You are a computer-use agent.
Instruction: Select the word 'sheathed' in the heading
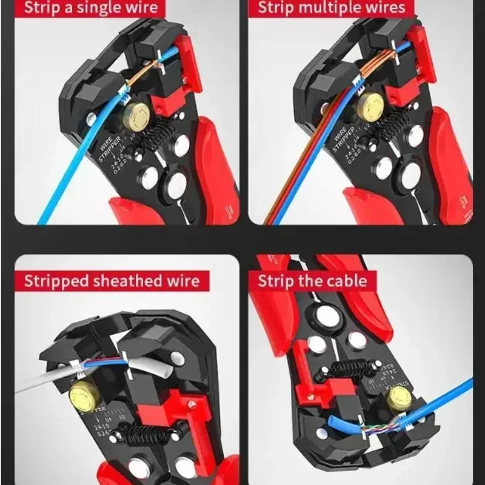point(129,281)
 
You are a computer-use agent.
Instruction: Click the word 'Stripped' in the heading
point(57,281)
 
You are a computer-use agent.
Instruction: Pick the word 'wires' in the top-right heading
point(385,8)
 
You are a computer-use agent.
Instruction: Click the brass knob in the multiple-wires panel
point(369,109)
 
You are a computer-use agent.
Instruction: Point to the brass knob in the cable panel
point(401,396)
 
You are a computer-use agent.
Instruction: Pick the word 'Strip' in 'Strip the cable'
point(276,281)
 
